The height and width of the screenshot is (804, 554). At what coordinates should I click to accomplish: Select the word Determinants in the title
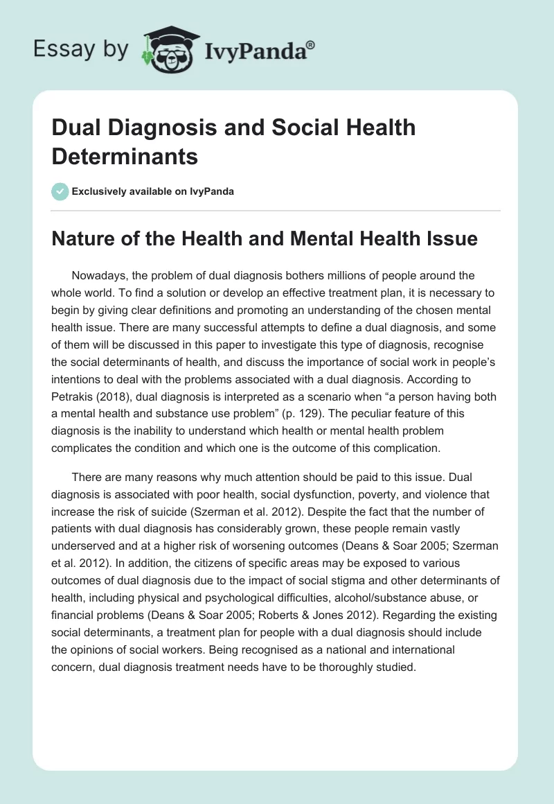point(125,156)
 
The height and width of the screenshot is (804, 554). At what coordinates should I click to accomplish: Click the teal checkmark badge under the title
point(60,191)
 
